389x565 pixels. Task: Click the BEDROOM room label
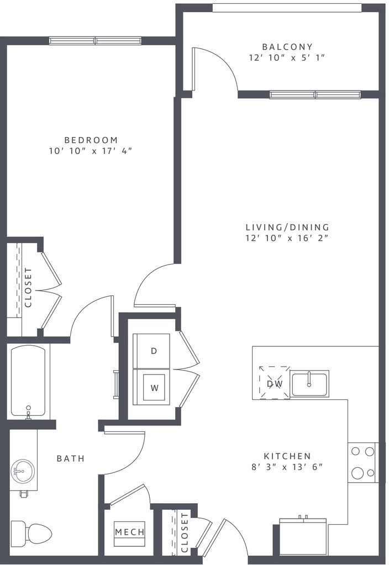[x=91, y=140]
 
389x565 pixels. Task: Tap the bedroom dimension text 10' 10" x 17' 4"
[x=91, y=151]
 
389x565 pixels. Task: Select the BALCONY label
[x=287, y=47]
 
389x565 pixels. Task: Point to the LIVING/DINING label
[x=287, y=228]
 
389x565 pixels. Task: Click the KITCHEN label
[x=287, y=456]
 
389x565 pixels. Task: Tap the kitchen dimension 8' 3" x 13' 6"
[x=287, y=467]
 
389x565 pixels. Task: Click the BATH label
[x=71, y=458]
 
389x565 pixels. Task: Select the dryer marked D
[x=151, y=351]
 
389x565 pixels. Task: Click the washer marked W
[x=151, y=387]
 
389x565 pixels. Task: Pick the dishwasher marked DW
[x=275, y=383]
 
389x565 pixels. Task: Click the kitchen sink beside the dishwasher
[x=309, y=384]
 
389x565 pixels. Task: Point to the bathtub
[x=28, y=382]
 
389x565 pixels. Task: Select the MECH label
[x=130, y=531]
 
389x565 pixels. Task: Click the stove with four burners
[x=363, y=462]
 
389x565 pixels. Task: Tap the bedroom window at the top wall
[x=95, y=41]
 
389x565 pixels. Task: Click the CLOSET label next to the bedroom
[x=28, y=287]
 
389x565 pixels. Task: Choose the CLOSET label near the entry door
[x=185, y=532]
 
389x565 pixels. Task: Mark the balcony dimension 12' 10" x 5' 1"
[x=287, y=58]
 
